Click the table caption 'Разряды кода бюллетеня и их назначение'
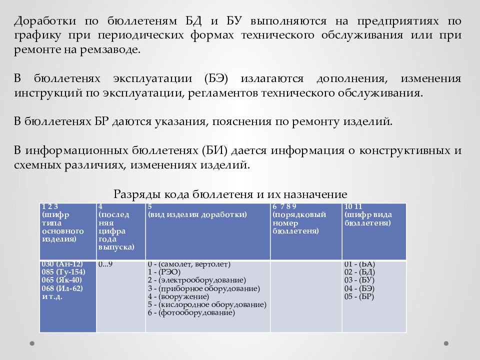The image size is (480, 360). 230,194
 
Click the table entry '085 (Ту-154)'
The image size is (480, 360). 63,272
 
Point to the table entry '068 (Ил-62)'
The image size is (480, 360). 62,288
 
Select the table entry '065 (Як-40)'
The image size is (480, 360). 62,280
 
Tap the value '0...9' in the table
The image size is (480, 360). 105,264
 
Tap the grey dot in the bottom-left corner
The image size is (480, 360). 32,343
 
